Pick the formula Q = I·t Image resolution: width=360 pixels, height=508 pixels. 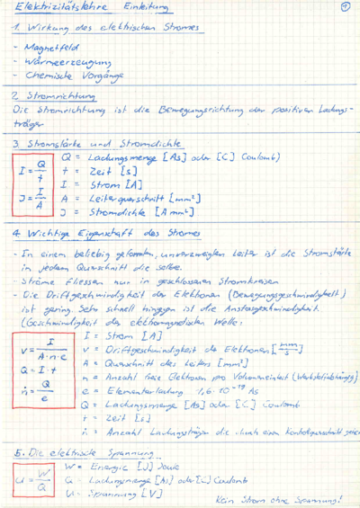(x=33, y=367)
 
